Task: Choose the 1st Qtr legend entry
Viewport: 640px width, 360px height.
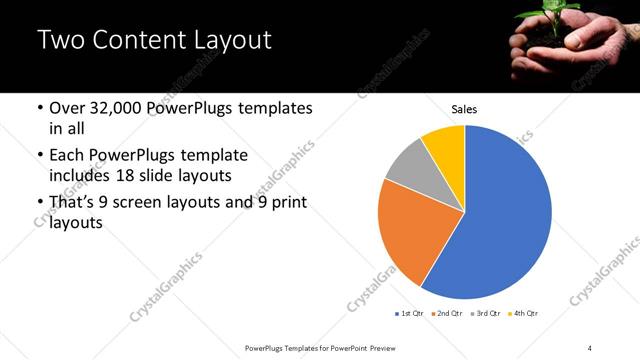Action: pos(410,314)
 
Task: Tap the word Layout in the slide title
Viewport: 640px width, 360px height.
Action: pos(226,41)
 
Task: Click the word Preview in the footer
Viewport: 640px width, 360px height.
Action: pos(393,347)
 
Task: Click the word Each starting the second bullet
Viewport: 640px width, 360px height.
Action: pos(66,156)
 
